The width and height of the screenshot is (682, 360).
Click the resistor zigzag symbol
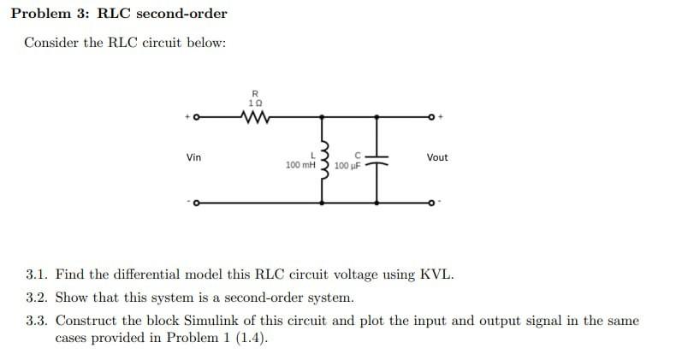(254, 115)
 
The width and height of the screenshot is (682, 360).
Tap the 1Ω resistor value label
(254, 102)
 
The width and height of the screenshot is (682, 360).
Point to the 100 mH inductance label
(300, 164)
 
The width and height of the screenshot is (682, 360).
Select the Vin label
(194, 157)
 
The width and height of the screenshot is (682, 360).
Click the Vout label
(436, 157)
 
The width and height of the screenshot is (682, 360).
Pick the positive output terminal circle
(434, 115)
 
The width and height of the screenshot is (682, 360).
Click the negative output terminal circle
(434, 204)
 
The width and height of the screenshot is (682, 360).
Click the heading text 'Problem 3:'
(50, 14)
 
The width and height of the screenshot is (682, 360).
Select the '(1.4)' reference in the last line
(252, 338)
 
